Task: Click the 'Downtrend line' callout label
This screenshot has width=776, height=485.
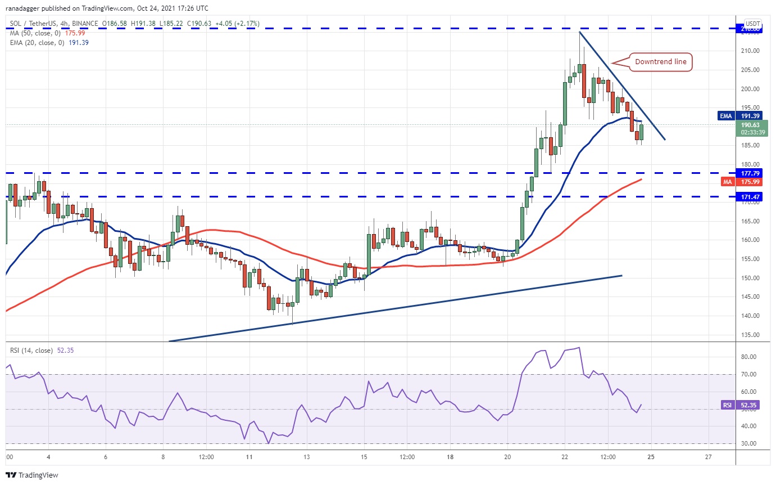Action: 661,62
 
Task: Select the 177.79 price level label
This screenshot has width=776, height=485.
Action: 751,173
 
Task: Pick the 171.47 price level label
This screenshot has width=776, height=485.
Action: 751,197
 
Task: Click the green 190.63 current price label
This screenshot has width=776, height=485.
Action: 751,125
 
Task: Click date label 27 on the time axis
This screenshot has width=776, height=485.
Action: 709,457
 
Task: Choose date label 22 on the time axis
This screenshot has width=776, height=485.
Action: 565,457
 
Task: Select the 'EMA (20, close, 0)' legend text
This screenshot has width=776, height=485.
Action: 35,42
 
